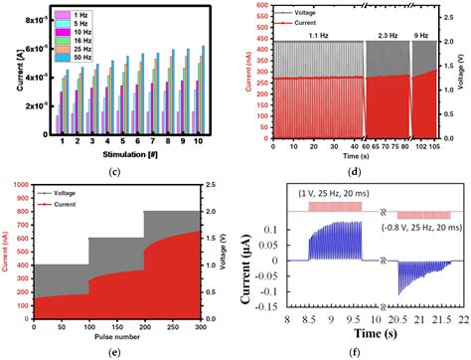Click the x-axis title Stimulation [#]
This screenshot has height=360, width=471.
124,153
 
